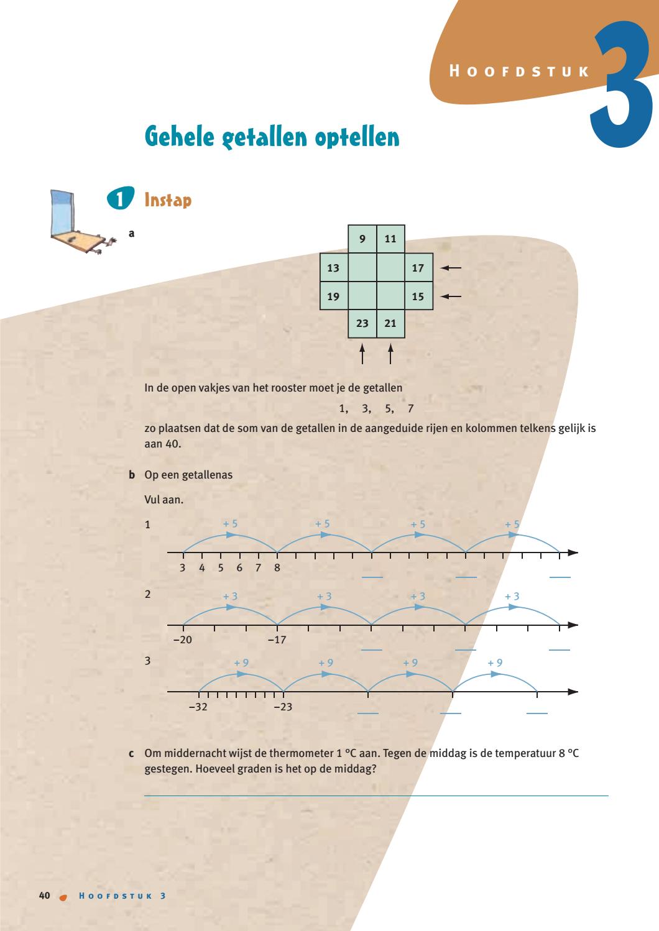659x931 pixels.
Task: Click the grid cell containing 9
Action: [x=362, y=239]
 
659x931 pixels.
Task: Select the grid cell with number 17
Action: [x=418, y=268]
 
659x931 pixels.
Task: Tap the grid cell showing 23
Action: [x=362, y=323]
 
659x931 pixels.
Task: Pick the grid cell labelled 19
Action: [x=334, y=296]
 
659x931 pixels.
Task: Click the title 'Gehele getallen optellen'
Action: [x=272, y=136]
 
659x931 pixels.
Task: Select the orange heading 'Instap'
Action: [x=168, y=200]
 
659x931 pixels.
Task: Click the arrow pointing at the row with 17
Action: [x=451, y=268]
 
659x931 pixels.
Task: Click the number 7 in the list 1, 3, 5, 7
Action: [x=410, y=409]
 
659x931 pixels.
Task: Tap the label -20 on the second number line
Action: [x=183, y=640]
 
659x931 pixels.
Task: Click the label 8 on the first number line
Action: [x=277, y=567]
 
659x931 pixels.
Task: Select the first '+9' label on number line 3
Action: [x=241, y=663]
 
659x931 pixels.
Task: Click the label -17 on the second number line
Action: [x=277, y=640]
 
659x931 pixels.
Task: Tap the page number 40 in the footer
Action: [x=44, y=896]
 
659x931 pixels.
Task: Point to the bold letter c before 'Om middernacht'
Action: [x=131, y=753]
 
